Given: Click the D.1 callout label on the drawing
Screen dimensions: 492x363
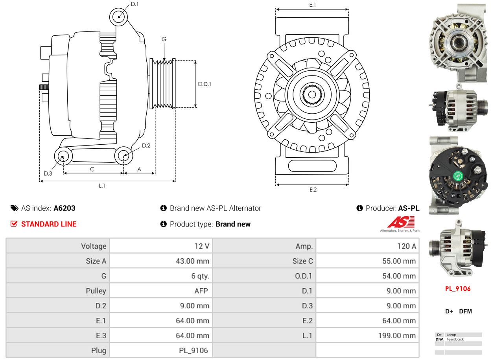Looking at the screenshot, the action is [135, 4].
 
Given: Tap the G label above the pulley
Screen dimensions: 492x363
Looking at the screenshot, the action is [164, 39].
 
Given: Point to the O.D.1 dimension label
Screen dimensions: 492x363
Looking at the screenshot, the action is [204, 84].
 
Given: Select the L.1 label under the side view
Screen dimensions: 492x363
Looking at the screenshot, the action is [102, 186].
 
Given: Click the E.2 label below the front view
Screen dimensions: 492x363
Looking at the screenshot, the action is [313, 190].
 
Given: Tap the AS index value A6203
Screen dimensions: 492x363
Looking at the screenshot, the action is [64, 208].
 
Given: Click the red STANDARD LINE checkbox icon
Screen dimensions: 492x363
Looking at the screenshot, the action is [14, 224].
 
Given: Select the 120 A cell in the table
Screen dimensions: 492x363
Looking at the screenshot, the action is [407, 246].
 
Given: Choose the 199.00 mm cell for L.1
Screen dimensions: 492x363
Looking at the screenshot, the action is [397, 335].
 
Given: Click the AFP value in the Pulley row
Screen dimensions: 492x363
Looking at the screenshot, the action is [201, 291].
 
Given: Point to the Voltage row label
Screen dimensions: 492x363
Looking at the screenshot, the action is [94, 246].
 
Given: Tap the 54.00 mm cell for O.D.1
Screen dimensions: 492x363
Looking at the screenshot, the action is [399, 276].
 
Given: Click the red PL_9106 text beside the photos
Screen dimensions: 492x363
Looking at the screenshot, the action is [458, 289].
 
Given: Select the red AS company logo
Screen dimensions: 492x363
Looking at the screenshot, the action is [401, 222].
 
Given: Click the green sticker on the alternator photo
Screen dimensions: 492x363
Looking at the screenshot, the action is [458, 177].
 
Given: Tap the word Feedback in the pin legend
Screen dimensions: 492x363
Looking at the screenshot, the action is [455, 339].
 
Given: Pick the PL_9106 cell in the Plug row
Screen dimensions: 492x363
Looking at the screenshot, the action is [193, 350].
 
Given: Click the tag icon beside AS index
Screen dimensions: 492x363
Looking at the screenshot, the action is [15, 208].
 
